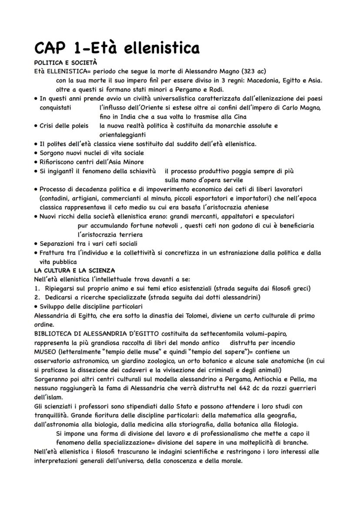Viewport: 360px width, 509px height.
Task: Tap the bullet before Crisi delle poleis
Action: click(36, 126)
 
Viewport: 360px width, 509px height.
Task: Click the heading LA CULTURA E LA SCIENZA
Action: click(74, 270)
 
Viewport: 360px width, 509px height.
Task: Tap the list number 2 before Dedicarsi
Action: click(36, 297)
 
